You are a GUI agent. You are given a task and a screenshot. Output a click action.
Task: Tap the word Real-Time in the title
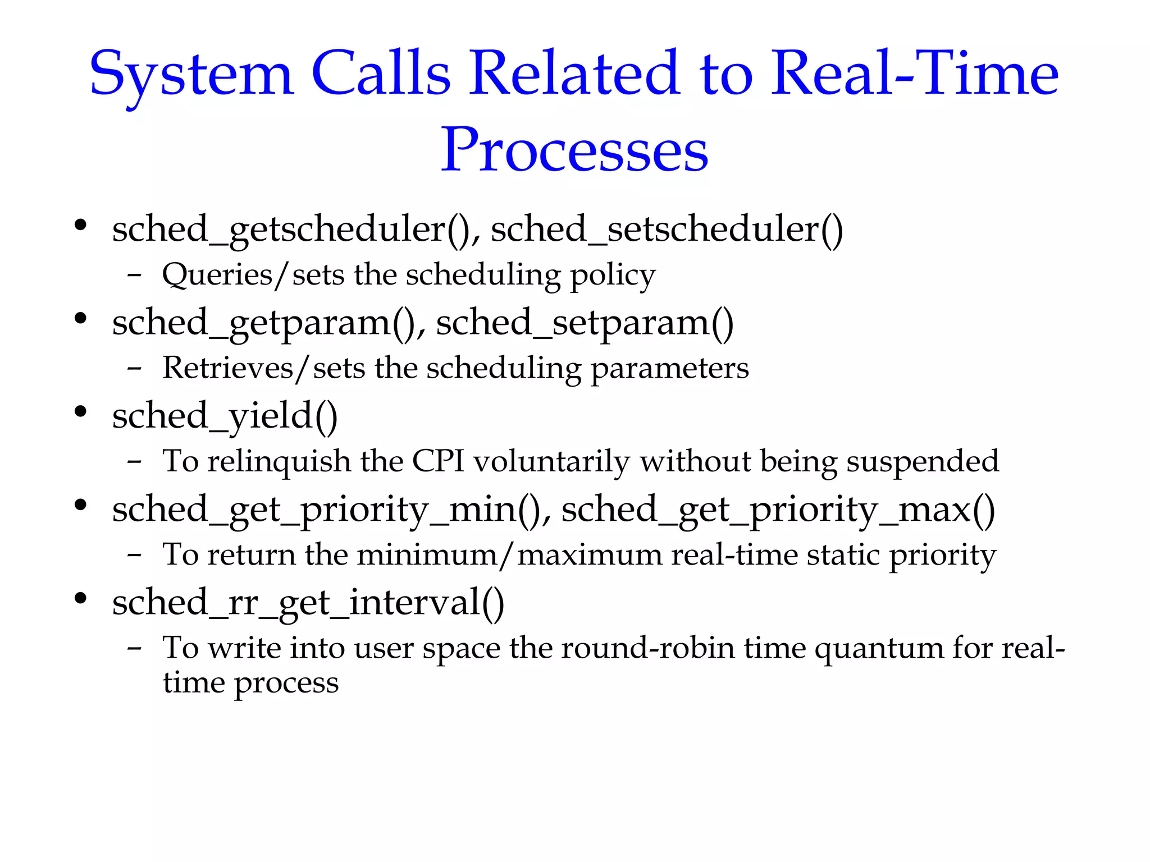point(914,74)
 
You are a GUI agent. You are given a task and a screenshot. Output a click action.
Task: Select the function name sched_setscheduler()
point(667,230)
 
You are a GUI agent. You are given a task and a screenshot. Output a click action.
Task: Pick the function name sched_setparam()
point(585,323)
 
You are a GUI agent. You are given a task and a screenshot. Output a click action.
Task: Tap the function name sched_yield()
point(225,417)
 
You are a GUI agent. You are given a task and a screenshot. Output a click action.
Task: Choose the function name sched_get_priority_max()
point(778,510)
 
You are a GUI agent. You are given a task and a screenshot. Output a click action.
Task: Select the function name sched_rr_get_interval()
point(308,603)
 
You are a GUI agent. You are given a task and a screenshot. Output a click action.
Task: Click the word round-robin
point(648,648)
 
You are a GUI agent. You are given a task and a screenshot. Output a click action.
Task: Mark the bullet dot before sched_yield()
point(81,412)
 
